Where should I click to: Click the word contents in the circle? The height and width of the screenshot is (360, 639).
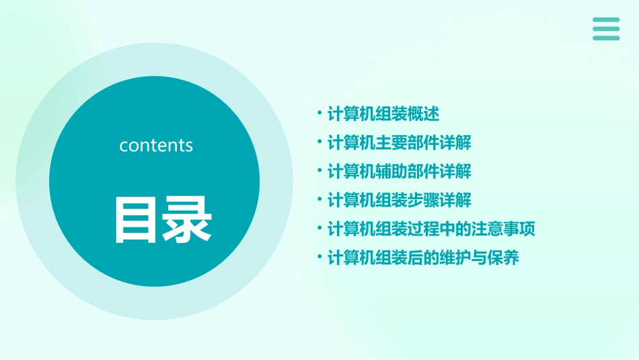tap(156, 145)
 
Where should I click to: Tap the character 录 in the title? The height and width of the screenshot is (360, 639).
tap(186, 219)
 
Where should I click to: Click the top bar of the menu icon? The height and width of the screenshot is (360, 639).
tap(606, 20)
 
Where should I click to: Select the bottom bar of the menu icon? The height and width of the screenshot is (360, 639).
tap(606, 38)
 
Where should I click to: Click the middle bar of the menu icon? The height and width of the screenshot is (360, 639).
tap(606, 29)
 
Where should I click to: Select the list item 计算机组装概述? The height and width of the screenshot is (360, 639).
tap(383, 114)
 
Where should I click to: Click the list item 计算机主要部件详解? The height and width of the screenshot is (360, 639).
tap(399, 143)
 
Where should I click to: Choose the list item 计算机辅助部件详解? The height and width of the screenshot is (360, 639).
tap(399, 172)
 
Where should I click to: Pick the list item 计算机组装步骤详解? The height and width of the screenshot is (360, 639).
tap(399, 201)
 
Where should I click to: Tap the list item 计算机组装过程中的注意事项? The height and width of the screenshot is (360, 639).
tap(430, 229)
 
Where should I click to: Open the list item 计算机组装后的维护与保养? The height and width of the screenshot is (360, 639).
tap(422, 258)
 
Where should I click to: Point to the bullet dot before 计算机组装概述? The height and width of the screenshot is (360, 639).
tap(319, 113)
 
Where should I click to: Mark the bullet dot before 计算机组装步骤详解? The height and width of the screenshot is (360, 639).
tap(319, 199)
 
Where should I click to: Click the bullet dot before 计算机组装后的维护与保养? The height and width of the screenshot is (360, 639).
tap(319, 257)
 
